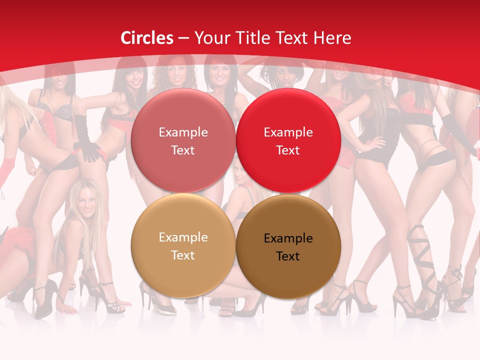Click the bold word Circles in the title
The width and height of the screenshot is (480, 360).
click(147, 38)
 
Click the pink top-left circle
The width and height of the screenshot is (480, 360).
click(183, 140)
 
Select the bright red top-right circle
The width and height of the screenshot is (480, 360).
click(288, 140)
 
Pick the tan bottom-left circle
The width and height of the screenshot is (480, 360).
click(183, 246)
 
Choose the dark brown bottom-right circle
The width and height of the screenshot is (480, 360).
click(288, 246)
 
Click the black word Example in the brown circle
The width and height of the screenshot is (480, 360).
click(288, 238)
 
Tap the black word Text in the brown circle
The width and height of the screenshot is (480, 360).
click(288, 256)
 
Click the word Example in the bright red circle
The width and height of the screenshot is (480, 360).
click(288, 132)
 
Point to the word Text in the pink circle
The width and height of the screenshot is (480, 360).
click(183, 150)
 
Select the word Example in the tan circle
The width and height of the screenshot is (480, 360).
click(183, 237)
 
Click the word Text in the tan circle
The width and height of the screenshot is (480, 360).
click(183, 255)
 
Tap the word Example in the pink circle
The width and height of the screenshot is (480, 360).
click(183, 132)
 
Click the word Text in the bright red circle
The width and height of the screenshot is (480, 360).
click(288, 150)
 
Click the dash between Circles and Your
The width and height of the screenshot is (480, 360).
click(183, 38)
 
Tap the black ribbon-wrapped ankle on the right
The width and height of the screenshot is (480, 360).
click(418, 245)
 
